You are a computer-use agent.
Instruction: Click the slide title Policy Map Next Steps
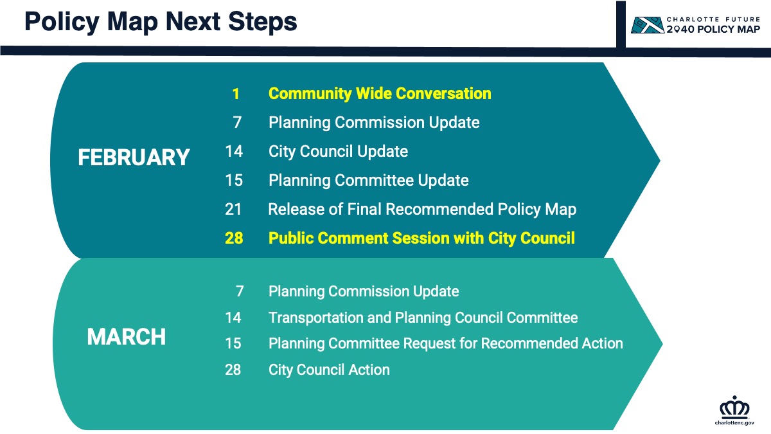coord(161,22)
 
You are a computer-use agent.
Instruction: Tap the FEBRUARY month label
coord(134,158)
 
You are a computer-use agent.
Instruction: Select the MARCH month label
coord(127,336)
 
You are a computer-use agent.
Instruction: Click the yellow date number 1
coord(236,94)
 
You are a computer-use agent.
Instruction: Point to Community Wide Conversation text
coord(380,94)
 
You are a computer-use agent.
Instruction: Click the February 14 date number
coord(234,151)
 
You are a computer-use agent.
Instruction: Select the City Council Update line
coord(338,152)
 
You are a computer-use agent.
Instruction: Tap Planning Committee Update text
coord(368,181)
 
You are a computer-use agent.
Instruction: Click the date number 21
coord(233,209)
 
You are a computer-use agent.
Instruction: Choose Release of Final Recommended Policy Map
coord(422,210)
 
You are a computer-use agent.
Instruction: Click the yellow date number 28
coord(234,238)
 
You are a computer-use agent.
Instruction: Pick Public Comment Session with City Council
coord(421,239)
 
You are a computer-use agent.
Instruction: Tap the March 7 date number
coord(240,291)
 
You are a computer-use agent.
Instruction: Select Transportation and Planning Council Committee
coord(423,318)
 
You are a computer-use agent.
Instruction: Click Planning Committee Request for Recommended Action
coord(446,344)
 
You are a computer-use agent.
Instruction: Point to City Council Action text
coord(329,370)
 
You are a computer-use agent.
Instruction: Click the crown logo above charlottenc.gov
coord(734,406)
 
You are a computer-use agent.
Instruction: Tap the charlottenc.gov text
coord(734,422)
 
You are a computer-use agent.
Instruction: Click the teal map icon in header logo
coord(647,25)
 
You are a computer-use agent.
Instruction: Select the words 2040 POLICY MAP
coord(713,30)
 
